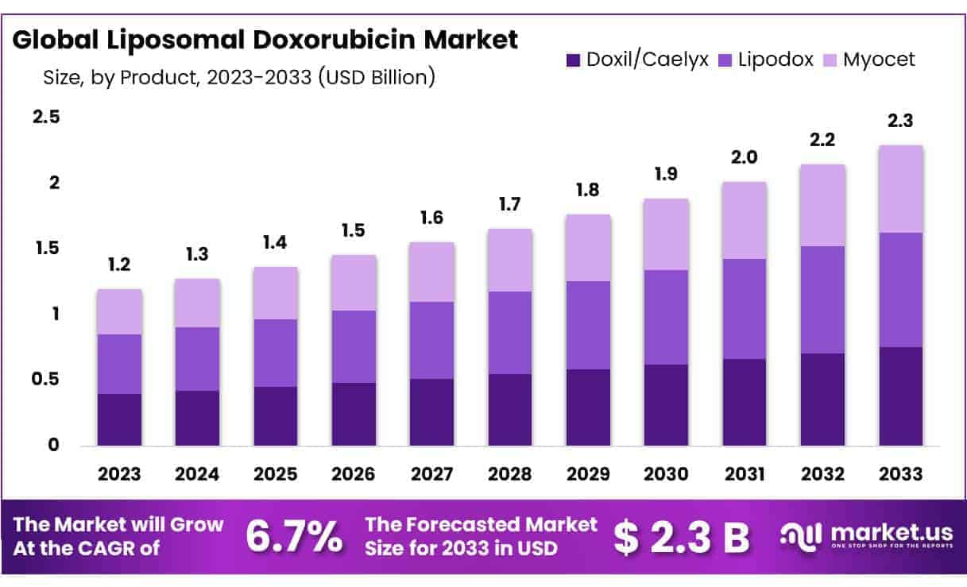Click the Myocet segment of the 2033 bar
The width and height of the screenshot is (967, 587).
pos(901,189)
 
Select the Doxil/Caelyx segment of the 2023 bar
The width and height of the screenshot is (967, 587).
pos(119,419)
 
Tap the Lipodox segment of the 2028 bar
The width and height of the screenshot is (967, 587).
pos(510,333)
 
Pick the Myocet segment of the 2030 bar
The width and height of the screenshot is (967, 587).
pos(667,234)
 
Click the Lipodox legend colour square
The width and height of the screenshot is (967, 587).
pos(725,60)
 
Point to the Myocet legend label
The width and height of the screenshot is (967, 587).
pos(880,60)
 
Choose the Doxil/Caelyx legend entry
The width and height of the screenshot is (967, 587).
pos(636,60)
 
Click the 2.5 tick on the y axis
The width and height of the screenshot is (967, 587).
pos(45,118)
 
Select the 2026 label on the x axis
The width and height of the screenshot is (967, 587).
pos(354,474)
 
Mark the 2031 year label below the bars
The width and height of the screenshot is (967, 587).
pos(745,474)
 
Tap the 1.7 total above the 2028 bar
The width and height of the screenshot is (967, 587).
pos(510,205)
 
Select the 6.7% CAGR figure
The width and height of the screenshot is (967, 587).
pos(294,537)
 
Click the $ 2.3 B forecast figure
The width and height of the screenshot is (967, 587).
pos(682,538)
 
